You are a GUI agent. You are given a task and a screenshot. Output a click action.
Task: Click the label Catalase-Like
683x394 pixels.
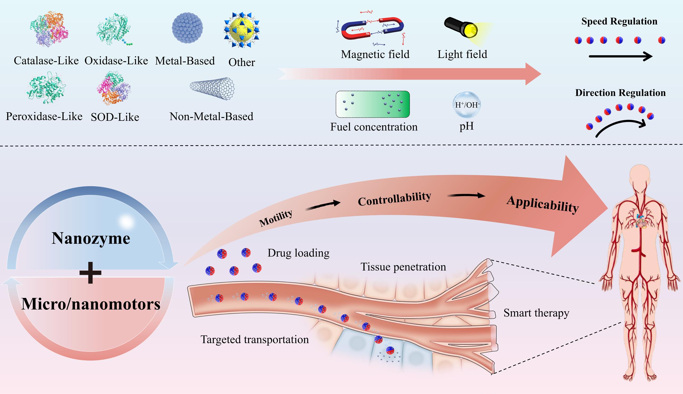(46, 61)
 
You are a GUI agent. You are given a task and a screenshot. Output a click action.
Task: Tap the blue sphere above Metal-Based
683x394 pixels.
(187, 28)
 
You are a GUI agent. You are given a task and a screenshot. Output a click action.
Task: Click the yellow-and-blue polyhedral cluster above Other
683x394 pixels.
(241, 30)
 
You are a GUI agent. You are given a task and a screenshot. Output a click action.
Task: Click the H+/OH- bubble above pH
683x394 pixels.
(466, 105)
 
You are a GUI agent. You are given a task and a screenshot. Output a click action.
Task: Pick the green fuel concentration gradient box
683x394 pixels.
(372, 105)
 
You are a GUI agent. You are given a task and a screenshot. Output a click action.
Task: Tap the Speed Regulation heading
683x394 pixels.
(619, 21)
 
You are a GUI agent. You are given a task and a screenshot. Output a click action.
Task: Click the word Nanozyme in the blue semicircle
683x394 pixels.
(91, 238)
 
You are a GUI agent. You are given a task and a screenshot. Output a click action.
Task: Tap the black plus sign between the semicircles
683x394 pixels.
(90, 272)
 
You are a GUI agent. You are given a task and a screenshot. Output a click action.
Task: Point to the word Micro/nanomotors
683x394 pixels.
(91, 304)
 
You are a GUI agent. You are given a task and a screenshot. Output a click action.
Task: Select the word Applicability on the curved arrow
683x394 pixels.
(542, 204)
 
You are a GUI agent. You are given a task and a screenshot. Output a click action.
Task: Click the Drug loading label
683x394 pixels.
(299, 253)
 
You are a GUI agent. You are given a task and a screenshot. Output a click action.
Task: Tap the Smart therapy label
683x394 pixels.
(536, 313)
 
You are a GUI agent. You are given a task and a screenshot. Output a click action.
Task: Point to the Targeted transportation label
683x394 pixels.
(255, 339)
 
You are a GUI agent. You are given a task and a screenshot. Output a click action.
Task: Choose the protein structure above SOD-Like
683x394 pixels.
(114, 88)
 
